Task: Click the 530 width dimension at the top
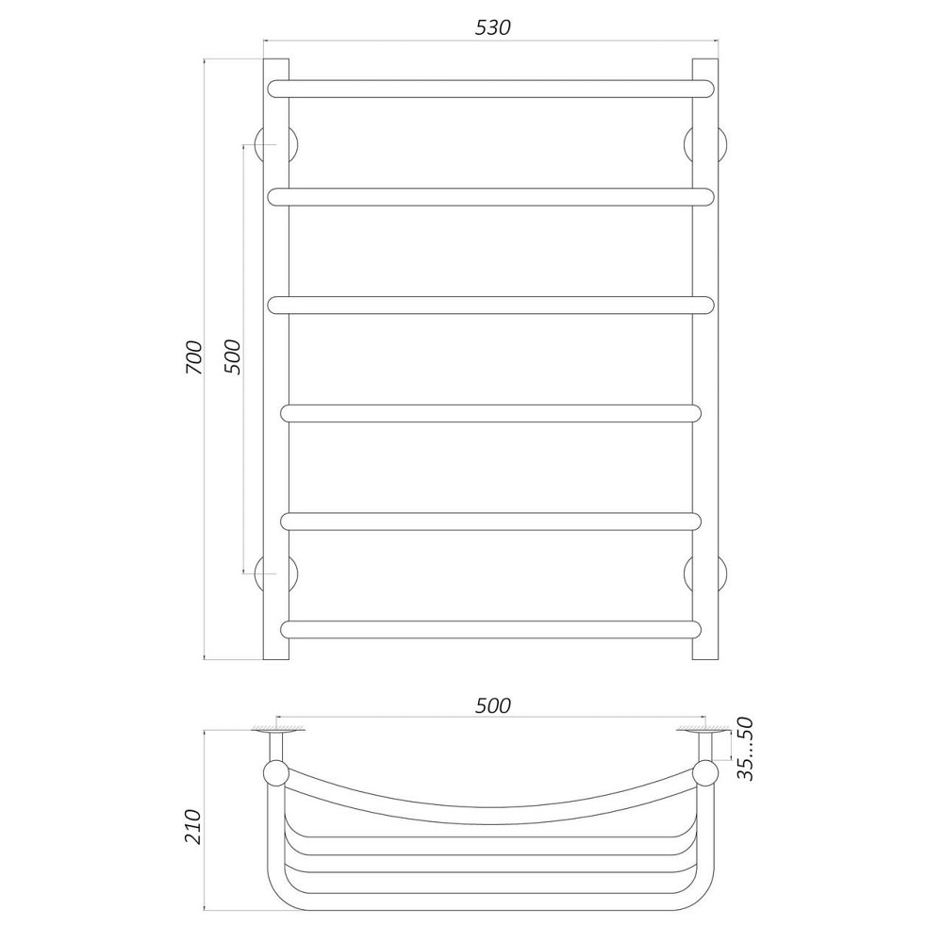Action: pos(492,27)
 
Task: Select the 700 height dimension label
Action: pos(194,357)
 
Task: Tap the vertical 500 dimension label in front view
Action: pos(233,357)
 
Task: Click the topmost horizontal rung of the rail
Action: pos(490,89)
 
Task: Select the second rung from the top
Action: pos(490,196)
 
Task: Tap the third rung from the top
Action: pos(490,305)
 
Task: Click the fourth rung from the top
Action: pos(490,413)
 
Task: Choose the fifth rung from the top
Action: pos(490,521)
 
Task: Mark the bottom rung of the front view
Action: pos(490,629)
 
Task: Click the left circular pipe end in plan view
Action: pos(275,773)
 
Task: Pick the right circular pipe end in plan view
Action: pos(704,773)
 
